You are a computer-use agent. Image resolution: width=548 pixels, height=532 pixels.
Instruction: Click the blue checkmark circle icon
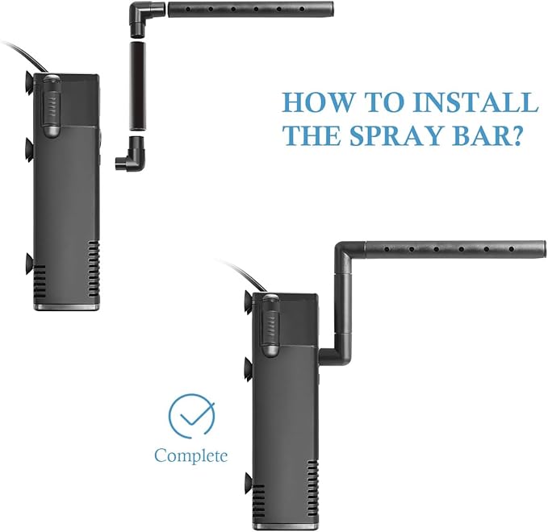pyautogui.click(x=191, y=416)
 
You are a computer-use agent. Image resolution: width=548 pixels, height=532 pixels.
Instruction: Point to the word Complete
pyautogui.click(x=190, y=455)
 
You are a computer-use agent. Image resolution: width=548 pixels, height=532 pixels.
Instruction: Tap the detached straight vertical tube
pyautogui.click(x=138, y=86)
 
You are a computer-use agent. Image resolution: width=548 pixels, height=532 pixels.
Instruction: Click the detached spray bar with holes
pyautogui.click(x=250, y=10)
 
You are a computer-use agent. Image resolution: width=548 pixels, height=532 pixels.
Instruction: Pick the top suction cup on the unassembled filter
pyautogui.click(x=29, y=83)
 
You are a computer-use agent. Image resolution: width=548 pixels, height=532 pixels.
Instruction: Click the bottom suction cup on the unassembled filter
pyautogui.click(x=29, y=264)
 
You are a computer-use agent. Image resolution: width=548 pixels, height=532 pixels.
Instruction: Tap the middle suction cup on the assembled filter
pyautogui.click(x=248, y=368)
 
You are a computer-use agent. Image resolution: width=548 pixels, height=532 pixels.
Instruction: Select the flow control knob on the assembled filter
pyautogui.click(x=271, y=326)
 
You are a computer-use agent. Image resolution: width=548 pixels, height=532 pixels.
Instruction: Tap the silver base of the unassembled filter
pyautogui.click(x=66, y=307)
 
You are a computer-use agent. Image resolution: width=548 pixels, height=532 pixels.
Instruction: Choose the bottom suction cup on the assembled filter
pyautogui.click(x=248, y=484)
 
